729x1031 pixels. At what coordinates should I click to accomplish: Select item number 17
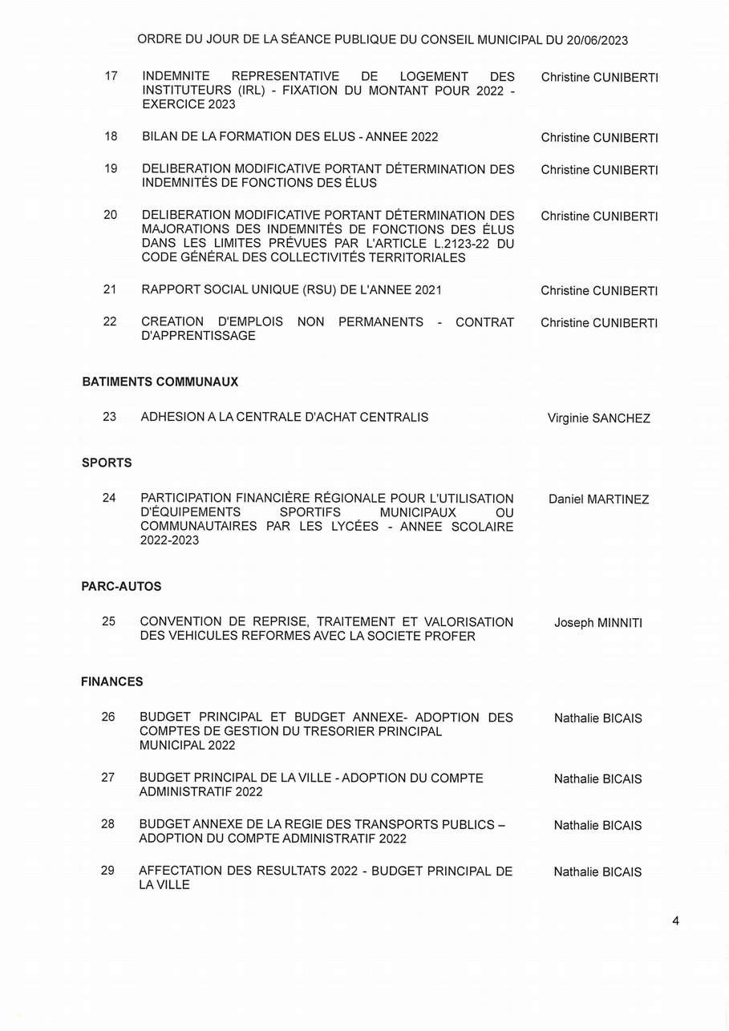coord(111,76)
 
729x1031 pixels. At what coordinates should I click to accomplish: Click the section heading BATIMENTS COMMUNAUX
coord(160,382)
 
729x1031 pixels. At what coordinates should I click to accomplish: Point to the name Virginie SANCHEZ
coord(598,418)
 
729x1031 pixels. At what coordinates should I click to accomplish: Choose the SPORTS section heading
coord(107,463)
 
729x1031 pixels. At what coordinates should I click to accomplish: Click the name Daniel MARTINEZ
coord(598,499)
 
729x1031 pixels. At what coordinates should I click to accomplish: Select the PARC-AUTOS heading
coord(121,587)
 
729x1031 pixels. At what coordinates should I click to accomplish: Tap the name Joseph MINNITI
coord(598,623)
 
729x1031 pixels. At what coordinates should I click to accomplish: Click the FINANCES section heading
coord(112,681)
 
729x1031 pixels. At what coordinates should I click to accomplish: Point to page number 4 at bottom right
coord(675,921)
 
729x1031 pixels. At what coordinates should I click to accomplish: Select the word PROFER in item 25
coord(451,637)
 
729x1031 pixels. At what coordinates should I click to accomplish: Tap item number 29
coord(107,871)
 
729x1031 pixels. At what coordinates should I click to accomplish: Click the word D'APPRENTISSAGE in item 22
coord(198,336)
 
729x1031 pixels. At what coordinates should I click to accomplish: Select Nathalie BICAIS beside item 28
coord(597,826)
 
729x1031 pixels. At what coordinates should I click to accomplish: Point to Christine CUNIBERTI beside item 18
coord(599,138)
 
